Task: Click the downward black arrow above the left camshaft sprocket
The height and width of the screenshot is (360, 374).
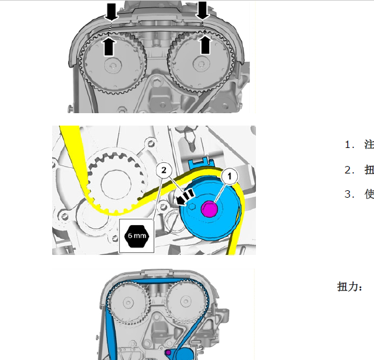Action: click(x=111, y=12)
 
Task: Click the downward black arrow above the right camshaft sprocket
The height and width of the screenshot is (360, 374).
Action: click(x=203, y=11)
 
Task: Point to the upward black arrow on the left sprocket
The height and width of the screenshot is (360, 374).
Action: click(x=109, y=46)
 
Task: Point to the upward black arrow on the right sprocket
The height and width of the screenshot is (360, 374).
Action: click(x=205, y=45)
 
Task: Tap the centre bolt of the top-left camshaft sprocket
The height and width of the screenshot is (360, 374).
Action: click(x=113, y=65)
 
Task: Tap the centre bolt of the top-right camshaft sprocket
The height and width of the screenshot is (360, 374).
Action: click(x=201, y=64)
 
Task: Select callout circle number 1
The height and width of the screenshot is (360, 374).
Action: click(x=229, y=177)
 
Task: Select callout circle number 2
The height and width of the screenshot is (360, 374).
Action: click(x=164, y=170)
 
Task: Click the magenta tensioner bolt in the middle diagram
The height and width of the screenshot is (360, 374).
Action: click(x=209, y=208)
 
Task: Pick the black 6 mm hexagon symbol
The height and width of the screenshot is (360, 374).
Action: click(x=137, y=236)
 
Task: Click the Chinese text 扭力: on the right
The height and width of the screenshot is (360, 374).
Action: click(x=350, y=287)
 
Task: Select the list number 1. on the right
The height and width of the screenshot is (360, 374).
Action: click(x=350, y=145)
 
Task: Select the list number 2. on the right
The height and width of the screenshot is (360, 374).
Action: click(x=350, y=170)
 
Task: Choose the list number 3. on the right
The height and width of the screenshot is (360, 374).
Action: click(x=350, y=194)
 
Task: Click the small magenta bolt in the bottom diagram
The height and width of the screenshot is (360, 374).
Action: click(x=168, y=353)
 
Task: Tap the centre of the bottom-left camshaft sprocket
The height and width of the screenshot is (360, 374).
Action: click(x=128, y=302)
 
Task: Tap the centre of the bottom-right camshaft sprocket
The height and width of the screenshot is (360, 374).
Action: click(x=185, y=302)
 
